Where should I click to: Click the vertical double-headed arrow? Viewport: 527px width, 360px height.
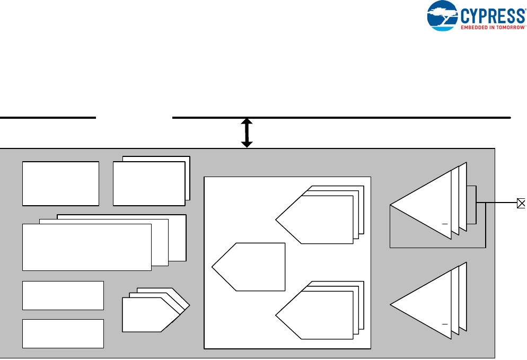(247, 133)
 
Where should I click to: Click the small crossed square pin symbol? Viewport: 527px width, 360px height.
(521, 203)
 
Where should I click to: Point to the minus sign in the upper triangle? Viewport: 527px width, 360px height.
(445, 225)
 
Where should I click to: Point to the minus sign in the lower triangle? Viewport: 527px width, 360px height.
(445, 324)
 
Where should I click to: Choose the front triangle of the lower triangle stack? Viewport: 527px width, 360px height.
(424, 304)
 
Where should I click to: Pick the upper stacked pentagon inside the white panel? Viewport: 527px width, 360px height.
(318, 219)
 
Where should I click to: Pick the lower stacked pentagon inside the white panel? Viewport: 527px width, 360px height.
(318, 315)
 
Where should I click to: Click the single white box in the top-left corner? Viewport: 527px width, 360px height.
(60, 183)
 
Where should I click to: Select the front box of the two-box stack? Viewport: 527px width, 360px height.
(148, 183)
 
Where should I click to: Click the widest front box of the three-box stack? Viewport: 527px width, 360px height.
(86, 247)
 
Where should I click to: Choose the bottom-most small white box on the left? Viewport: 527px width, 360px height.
(63, 333)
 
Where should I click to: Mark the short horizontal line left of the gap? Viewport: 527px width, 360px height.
(48, 117)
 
